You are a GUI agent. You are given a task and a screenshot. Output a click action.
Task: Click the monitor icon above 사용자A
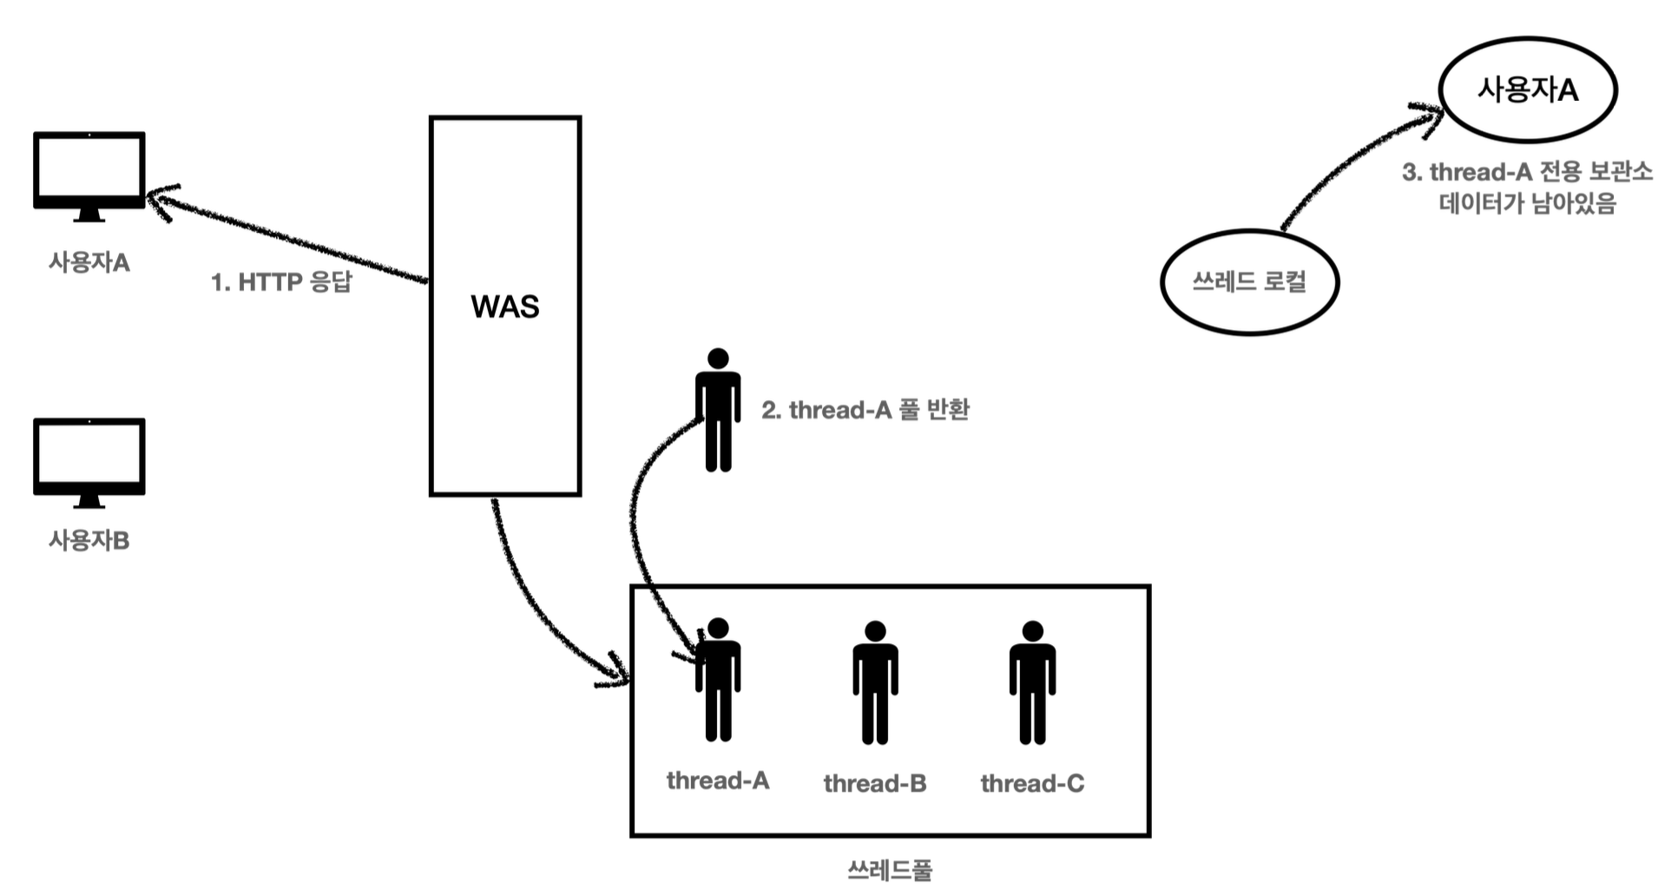pos(89,171)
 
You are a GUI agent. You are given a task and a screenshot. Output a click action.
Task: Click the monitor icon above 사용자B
pos(89,458)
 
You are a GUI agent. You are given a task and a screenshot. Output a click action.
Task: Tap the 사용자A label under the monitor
pos(89,262)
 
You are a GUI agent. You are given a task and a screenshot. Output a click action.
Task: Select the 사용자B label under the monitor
pos(89,540)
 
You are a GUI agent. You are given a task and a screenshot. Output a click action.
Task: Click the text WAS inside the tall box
pos(504,306)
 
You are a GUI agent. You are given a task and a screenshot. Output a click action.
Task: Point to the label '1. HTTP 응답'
pos(281,282)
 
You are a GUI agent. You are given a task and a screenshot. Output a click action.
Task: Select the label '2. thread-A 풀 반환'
pos(865,410)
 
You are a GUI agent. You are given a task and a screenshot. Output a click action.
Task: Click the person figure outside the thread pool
pos(718,410)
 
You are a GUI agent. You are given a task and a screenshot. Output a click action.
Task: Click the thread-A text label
pos(718,780)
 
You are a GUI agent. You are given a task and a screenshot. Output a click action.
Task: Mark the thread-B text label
pos(875,783)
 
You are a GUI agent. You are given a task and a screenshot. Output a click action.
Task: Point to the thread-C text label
pos(1032,783)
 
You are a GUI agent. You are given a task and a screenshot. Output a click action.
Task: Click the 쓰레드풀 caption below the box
pos(890,870)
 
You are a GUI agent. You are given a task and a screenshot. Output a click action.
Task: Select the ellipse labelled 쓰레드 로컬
pos(1249,281)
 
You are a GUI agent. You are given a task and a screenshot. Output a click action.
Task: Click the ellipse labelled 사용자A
pos(1528,89)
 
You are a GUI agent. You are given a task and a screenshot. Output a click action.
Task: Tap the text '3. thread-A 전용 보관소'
pos(1527,172)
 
